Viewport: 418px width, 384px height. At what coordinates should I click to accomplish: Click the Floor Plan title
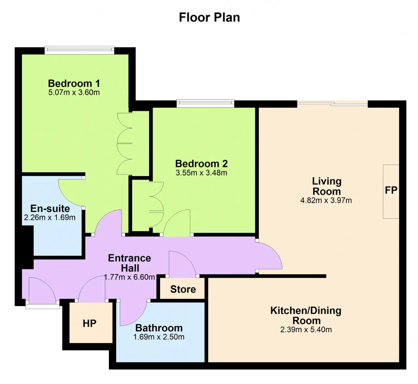coord(209,18)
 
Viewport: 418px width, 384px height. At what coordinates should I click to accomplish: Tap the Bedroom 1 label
coord(74,84)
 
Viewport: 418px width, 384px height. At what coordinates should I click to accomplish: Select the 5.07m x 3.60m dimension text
coord(74,92)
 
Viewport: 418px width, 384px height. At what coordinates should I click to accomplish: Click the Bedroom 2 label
coord(201,164)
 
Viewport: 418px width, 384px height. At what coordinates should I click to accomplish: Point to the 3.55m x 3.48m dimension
coord(201,173)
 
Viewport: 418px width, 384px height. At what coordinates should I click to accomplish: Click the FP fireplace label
coord(391,190)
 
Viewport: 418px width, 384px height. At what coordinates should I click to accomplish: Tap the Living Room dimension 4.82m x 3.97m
coord(326,200)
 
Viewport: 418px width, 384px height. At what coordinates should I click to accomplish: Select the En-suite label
coord(50,208)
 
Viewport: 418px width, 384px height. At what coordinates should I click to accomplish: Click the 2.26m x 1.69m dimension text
coord(50,218)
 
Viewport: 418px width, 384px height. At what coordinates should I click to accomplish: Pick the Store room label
coord(183,289)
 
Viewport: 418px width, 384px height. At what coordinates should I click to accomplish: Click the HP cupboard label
coord(89,323)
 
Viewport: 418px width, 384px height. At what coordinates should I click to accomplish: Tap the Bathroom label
coord(159,328)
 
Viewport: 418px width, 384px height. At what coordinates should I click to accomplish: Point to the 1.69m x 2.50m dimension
coord(159,337)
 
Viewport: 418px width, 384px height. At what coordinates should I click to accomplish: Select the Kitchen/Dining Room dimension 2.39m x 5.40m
coord(306,330)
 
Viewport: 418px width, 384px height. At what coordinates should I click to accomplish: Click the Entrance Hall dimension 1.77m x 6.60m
coord(129,277)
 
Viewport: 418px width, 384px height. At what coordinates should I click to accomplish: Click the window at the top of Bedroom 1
coord(79,50)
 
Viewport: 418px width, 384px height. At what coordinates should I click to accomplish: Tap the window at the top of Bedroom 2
coord(205,103)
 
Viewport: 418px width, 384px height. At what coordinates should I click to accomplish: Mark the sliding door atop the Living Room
coord(332,103)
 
